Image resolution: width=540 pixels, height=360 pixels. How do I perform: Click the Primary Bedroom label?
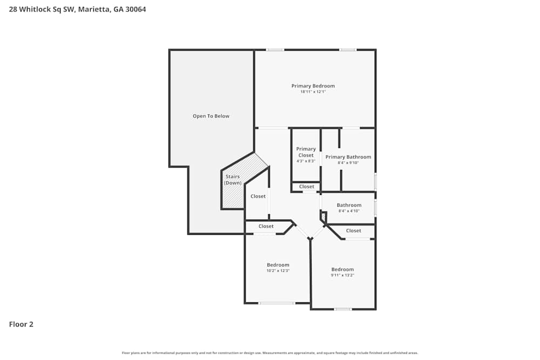(313, 86)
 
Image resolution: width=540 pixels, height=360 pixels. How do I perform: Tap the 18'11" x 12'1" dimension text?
(313, 92)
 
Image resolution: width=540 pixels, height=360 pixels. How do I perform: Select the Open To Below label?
(211, 116)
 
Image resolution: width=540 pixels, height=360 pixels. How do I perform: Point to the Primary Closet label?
(306, 152)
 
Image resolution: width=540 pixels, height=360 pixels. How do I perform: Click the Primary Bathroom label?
(348, 157)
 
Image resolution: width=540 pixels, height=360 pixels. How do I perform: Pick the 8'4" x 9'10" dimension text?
(348, 162)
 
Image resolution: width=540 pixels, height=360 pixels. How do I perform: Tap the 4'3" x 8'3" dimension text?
(306, 161)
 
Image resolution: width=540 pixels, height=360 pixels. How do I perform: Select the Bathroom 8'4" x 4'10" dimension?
(349, 211)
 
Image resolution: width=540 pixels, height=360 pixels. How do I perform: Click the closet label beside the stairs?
(258, 196)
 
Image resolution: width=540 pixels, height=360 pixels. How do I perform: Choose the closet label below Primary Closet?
(306, 187)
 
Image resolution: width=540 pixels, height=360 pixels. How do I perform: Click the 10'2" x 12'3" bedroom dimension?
(278, 271)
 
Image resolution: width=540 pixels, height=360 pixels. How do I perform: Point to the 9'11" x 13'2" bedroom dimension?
(342, 275)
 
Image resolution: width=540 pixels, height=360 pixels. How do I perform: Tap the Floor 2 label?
(21, 324)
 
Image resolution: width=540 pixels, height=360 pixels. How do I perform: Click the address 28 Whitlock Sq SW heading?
(77, 9)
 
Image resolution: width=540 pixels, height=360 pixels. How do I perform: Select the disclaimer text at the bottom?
(270, 353)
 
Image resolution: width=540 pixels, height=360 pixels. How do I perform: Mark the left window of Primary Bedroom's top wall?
(275, 50)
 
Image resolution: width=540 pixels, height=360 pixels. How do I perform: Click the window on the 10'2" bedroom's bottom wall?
(276, 303)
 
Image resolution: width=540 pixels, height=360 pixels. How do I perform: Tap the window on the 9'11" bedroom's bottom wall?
(342, 309)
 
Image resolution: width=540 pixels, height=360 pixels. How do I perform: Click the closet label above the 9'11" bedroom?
(353, 230)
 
